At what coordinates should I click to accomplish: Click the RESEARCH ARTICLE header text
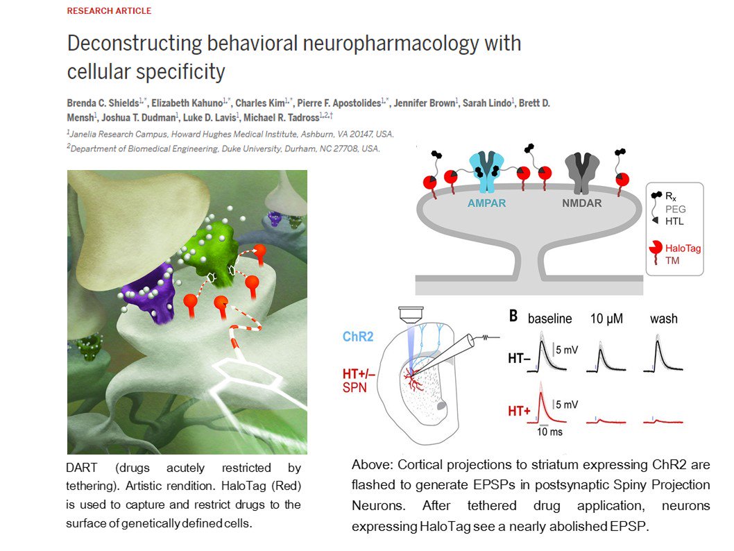tap(109, 11)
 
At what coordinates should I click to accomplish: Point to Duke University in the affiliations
tap(282, 148)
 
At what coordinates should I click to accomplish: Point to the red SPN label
tap(355, 387)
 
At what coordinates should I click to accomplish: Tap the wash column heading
tap(663, 319)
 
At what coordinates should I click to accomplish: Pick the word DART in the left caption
tap(83, 468)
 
